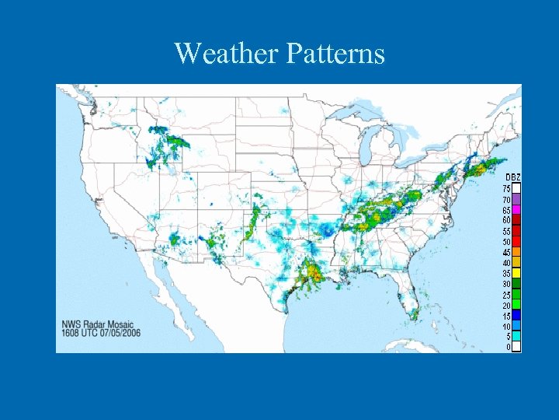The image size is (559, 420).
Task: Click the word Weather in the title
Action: click(227, 53)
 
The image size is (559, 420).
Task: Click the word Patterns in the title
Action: click(335, 53)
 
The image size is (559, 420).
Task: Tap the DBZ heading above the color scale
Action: click(513, 178)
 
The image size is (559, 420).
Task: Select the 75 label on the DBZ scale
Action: click(506, 189)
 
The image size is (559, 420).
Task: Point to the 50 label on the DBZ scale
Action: click(506, 242)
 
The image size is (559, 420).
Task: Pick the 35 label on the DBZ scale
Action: click(506, 274)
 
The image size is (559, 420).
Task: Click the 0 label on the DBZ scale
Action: click(508, 348)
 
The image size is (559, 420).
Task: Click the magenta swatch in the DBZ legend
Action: click(516, 210)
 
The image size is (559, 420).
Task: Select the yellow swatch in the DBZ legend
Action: click(516, 274)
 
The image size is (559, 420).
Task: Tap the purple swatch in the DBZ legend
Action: click(516, 200)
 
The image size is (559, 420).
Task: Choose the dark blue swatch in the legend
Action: click(516, 316)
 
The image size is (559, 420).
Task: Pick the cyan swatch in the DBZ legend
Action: click(516, 337)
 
